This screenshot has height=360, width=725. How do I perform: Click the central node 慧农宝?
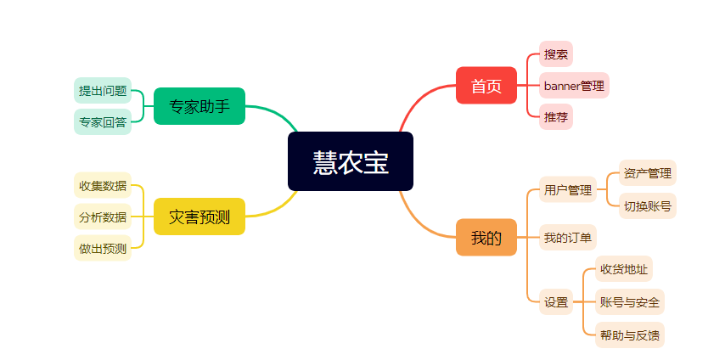pos(350,161)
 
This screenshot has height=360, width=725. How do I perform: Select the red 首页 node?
pos(486,85)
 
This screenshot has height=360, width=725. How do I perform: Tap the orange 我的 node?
pos(486,237)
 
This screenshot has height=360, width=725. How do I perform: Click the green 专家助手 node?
pos(200,106)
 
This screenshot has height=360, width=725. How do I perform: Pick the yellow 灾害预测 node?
pos(200,217)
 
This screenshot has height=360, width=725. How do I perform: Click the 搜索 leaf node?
pos(556,54)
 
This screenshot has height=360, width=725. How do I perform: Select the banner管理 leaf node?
pos(574,85)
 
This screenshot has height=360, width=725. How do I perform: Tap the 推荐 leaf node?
pos(556,116)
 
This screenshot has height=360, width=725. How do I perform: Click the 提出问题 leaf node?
pos(103,90)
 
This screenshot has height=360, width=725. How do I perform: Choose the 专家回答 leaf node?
pos(103,121)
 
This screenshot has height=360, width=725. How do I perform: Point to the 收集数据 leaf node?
pos(103,185)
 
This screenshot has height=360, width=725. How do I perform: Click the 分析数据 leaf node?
pos(103,217)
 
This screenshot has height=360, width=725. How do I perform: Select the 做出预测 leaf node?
pos(103,248)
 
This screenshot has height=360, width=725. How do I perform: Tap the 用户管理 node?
pos(568,189)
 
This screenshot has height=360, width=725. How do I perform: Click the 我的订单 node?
pos(568,237)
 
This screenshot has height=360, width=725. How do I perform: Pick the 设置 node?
pos(556,301)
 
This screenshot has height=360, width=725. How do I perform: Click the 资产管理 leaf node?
pos(647,173)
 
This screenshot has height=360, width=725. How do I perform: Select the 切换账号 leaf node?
pos(647,205)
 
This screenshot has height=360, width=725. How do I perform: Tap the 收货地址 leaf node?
pos(623,269)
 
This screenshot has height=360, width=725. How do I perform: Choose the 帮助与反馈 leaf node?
pos(629,334)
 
